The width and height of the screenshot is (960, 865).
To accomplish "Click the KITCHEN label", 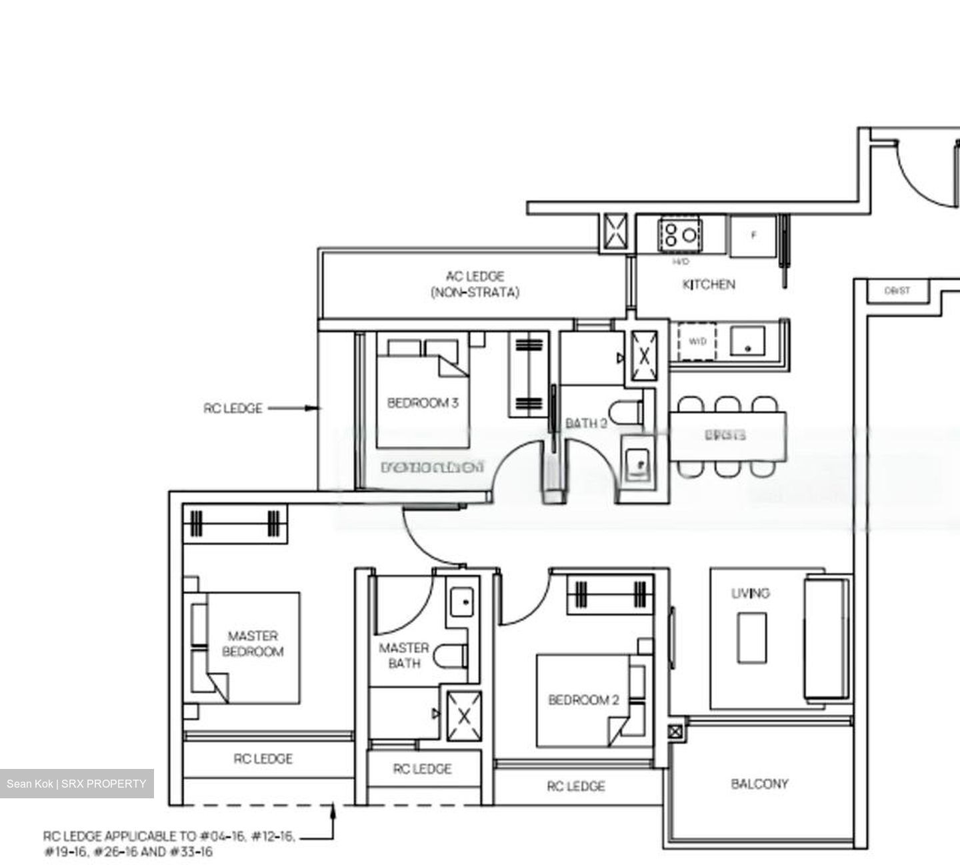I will coord(708,285).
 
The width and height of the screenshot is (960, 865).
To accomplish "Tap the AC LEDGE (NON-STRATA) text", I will coord(475,284).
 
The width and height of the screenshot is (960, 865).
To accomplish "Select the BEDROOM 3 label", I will coord(423,403).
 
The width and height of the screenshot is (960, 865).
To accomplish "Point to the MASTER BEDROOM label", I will coord(253,644).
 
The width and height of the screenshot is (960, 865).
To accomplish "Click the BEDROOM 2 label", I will coord(583,700).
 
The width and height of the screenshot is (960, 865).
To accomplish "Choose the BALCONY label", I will coord(759,784).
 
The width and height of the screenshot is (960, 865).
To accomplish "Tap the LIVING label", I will coord(750,593).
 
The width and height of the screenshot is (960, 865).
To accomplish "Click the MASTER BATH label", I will coord(404,655).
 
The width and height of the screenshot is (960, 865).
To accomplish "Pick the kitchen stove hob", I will coord(679,234).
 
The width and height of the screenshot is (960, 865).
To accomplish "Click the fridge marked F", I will coord(753,235).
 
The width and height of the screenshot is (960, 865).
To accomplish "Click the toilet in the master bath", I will coord(451,656).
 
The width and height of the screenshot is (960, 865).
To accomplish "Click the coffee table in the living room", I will coord(751,638).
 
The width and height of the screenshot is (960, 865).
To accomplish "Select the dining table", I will coord(727,436).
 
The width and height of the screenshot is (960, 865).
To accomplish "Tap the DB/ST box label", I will coord(897,291).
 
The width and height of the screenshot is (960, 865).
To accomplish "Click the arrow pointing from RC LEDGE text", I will coord(293,408).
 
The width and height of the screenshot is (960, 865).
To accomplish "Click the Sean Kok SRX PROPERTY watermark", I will coord(77,784).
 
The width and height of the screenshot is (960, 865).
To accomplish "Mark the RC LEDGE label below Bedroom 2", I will coord(576,786).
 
